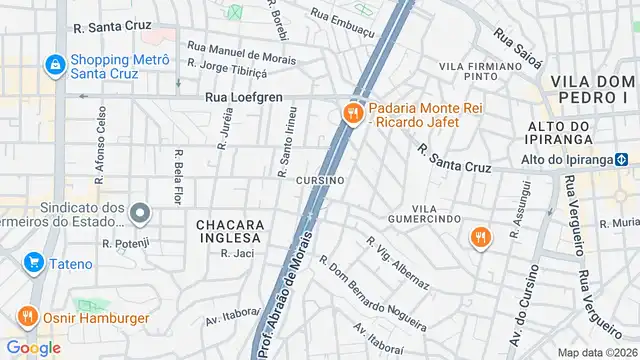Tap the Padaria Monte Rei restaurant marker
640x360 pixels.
[352, 114]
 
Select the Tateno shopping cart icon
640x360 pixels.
[34, 263]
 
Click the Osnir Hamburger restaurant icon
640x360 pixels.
[26, 317]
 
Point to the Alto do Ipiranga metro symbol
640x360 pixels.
[621, 158]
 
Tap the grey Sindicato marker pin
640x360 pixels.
[140, 214]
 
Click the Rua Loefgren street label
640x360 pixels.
[243, 98]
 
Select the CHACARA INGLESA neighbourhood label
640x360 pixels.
[229, 231]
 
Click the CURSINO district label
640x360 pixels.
[320, 180]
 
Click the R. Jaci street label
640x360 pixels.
[238, 254]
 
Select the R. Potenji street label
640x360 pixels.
[125, 242]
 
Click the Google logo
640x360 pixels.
[33, 347]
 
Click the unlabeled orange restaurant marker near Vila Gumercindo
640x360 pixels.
[481, 237]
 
